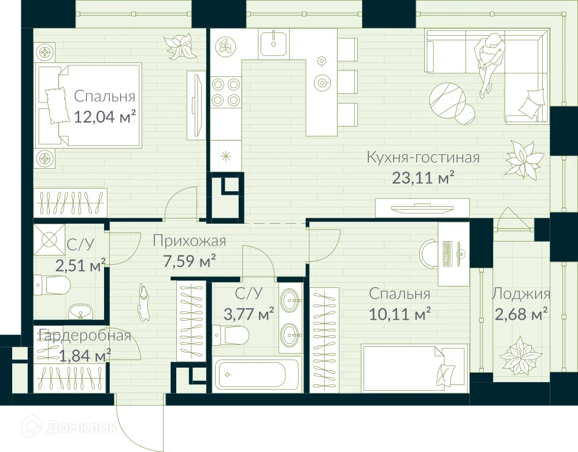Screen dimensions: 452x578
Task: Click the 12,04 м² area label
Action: pyautogui.click(x=105, y=117)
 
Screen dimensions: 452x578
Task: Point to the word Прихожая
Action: pyautogui.click(x=190, y=241)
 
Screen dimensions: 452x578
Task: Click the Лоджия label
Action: pyautogui.click(x=521, y=294)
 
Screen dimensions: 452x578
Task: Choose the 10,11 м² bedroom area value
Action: pyautogui.click(x=401, y=314)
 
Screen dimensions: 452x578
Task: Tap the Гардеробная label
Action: pyautogui.click(x=85, y=335)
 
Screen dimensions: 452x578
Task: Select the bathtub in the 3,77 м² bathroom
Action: pyautogui.click(x=257, y=374)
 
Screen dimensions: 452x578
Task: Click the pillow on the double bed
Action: pyautogui.click(x=56, y=106)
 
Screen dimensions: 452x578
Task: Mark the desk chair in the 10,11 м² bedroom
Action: pyautogui.click(x=428, y=253)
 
